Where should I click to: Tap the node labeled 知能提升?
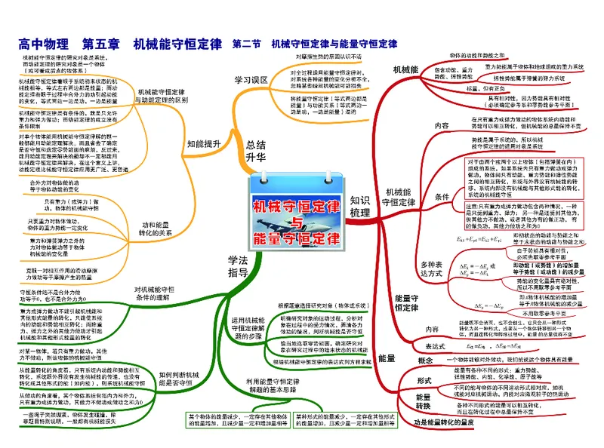(204, 143)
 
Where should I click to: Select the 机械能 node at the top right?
(405, 69)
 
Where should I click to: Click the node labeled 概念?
(425, 361)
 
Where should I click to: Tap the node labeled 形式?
(424, 379)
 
